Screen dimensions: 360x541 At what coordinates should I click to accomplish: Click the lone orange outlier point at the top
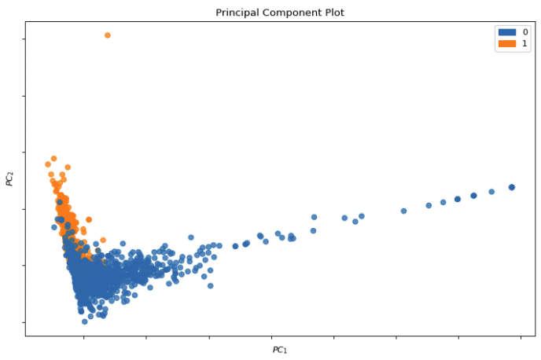coord(108,35)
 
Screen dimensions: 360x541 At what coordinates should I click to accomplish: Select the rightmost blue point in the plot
coord(512,187)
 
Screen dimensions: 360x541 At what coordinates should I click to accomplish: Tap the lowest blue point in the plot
coord(84,321)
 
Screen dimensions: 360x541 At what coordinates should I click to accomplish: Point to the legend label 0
coord(524,31)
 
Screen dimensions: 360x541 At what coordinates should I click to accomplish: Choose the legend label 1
coord(524,43)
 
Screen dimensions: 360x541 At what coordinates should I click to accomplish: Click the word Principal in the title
coord(237,13)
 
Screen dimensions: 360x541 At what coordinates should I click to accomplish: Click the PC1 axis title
coord(279,350)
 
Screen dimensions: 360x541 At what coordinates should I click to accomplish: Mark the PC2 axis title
coord(10,179)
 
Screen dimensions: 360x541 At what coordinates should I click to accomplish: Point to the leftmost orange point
coord(48,164)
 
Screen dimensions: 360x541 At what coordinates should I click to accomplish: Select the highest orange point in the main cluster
coord(53,158)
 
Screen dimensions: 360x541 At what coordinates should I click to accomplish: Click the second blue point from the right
coord(491,192)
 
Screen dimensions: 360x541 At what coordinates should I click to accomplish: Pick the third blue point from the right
coord(473,196)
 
